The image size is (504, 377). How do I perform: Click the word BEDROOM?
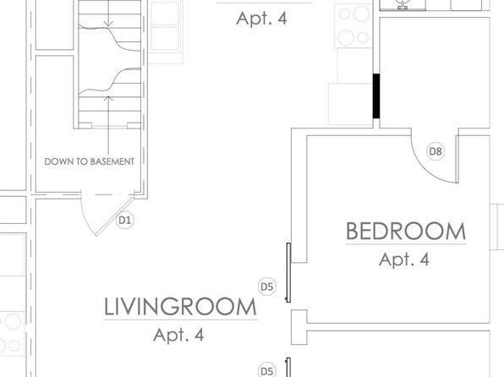406,231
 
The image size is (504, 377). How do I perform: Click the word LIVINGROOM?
180,307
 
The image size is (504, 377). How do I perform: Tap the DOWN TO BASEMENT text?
90,161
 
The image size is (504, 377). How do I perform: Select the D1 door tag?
125,221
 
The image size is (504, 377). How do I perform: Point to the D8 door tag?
436,151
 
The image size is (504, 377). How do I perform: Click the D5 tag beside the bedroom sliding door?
266,287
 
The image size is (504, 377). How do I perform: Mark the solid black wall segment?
376,96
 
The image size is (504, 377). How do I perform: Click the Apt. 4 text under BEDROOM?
404,260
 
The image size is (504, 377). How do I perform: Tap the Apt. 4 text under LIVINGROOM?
178,336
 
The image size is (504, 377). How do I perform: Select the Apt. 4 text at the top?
261,19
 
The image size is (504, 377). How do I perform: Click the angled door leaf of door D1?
115,216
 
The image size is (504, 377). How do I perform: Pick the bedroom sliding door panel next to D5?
288,272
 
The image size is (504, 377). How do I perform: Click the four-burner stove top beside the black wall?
353,25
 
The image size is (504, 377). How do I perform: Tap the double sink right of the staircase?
165,26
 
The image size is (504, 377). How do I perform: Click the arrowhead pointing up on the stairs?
108,97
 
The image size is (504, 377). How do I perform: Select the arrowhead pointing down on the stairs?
108,24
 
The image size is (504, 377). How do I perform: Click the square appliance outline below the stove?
350,104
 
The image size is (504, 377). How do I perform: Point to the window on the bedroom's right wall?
497,227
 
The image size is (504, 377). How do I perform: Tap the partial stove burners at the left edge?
12,333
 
